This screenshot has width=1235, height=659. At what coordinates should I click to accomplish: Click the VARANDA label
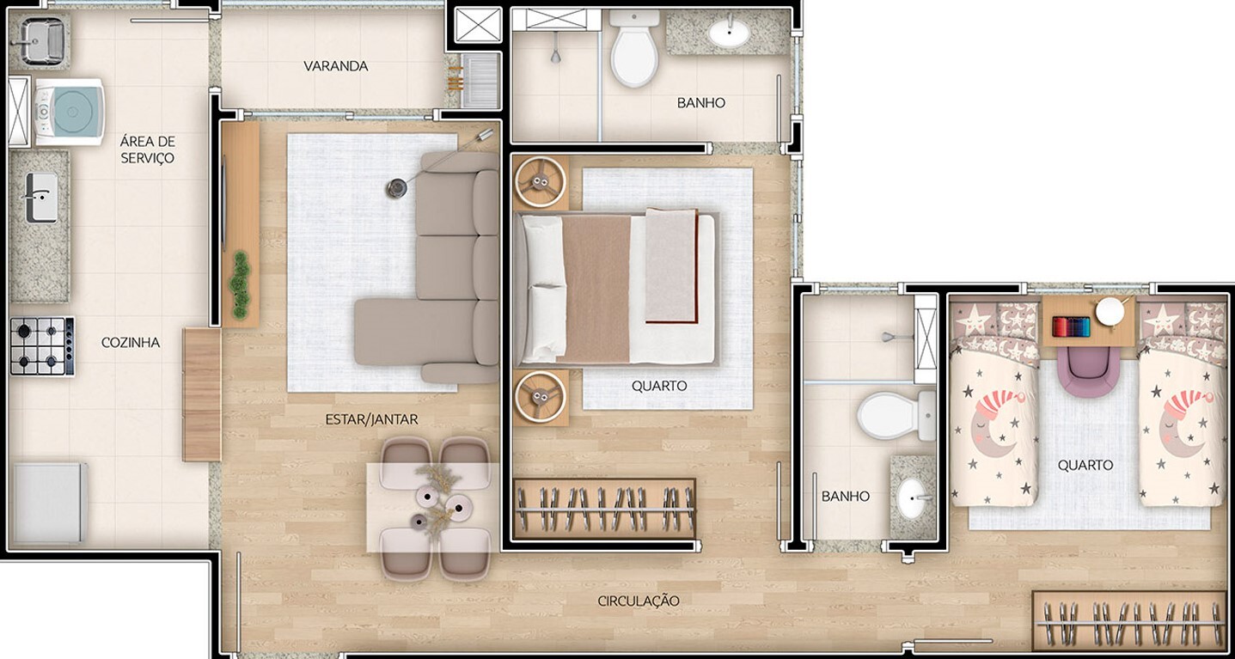click(335, 66)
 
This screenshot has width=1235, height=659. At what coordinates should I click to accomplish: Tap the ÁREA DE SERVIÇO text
click(147, 149)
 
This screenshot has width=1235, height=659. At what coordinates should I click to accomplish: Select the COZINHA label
click(131, 342)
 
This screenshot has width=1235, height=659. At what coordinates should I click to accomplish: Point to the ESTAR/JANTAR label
click(371, 419)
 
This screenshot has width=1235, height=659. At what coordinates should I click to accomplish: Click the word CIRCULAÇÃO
click(639, 601)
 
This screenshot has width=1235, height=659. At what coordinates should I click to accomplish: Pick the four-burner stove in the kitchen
click(42, 346)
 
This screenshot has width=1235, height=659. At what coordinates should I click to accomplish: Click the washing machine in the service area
click(69, 112)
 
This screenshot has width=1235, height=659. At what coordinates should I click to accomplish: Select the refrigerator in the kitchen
click(49, 503)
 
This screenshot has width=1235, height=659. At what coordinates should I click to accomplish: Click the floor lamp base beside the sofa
click(396, 187)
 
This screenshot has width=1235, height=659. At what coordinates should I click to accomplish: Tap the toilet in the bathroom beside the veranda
click(634, 52)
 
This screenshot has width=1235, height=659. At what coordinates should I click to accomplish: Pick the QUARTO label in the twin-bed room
click(1085, 465)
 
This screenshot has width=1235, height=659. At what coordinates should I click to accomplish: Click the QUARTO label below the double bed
click(659, 386)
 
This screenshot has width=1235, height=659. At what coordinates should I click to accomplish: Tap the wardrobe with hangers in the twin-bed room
click(1129, 620)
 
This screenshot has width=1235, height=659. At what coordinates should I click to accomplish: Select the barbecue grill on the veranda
click(480, 80)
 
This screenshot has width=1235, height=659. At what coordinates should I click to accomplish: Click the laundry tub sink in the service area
click(41, 40)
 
